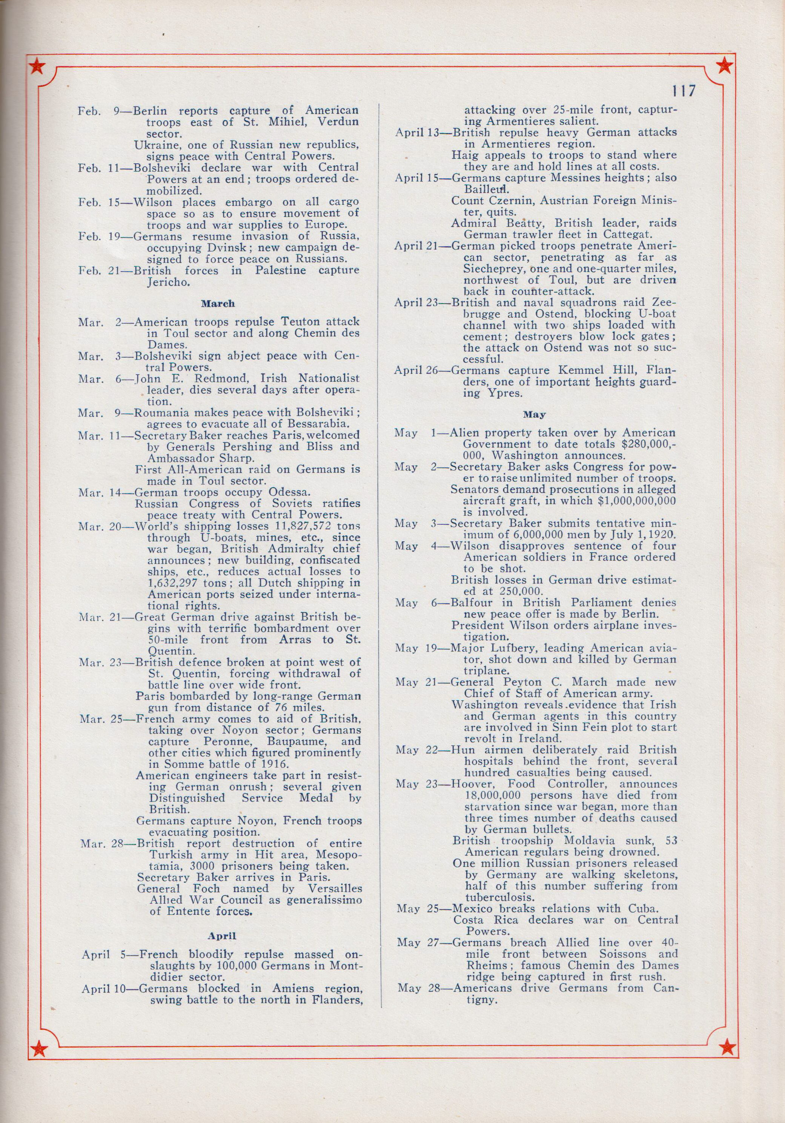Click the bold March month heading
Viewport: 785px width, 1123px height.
[218, 303]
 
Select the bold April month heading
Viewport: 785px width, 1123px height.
[221, 593]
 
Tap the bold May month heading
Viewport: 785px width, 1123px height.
[534, 414]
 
